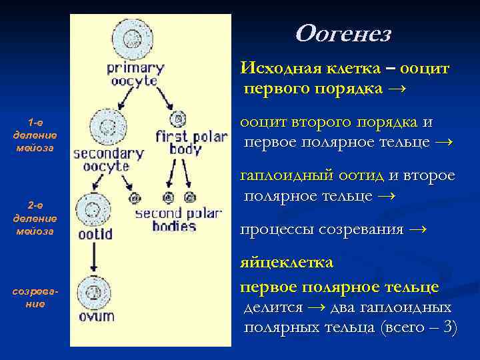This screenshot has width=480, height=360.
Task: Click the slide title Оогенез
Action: tap(342, 33)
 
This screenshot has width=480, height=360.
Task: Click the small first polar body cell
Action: tap(178, 119)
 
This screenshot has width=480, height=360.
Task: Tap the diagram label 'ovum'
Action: tap(97, 316)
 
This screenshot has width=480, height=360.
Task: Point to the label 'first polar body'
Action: tap(191, 143)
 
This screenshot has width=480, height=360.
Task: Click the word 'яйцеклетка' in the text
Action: tap(287, 262)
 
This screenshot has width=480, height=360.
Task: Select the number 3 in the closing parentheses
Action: tap(449, 327)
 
